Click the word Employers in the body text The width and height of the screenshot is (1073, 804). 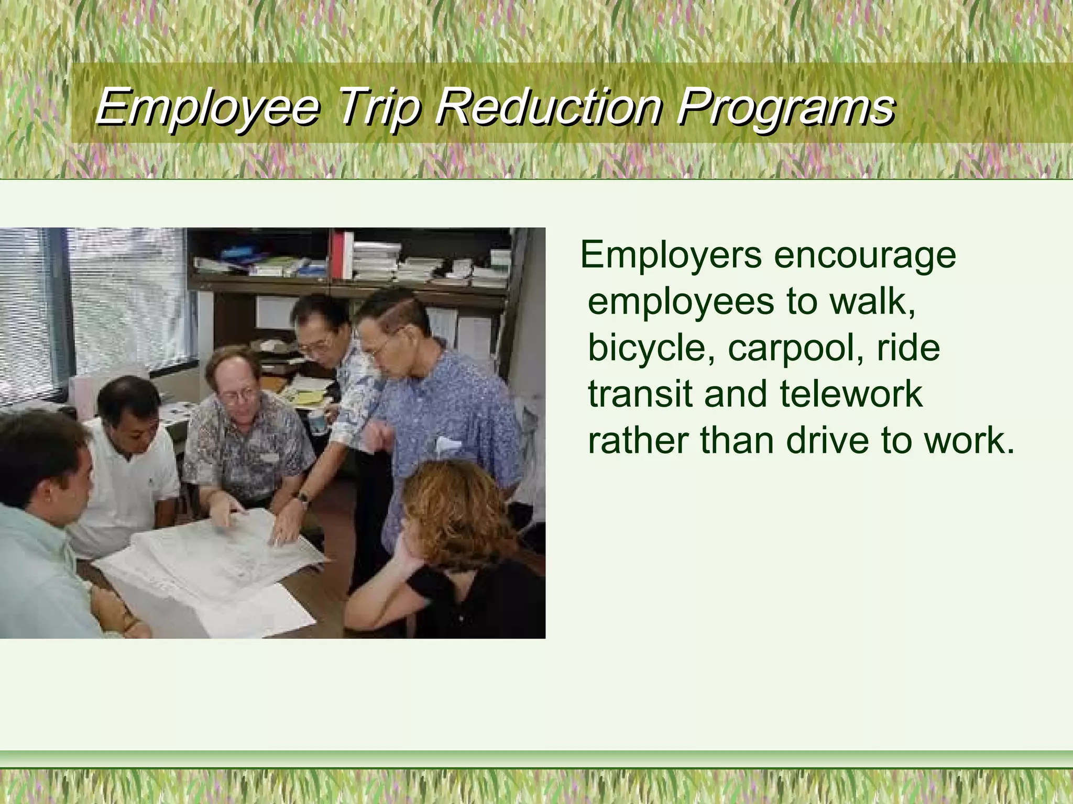(x=671, y=255)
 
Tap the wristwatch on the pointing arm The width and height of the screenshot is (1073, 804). (x=303, y=498)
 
